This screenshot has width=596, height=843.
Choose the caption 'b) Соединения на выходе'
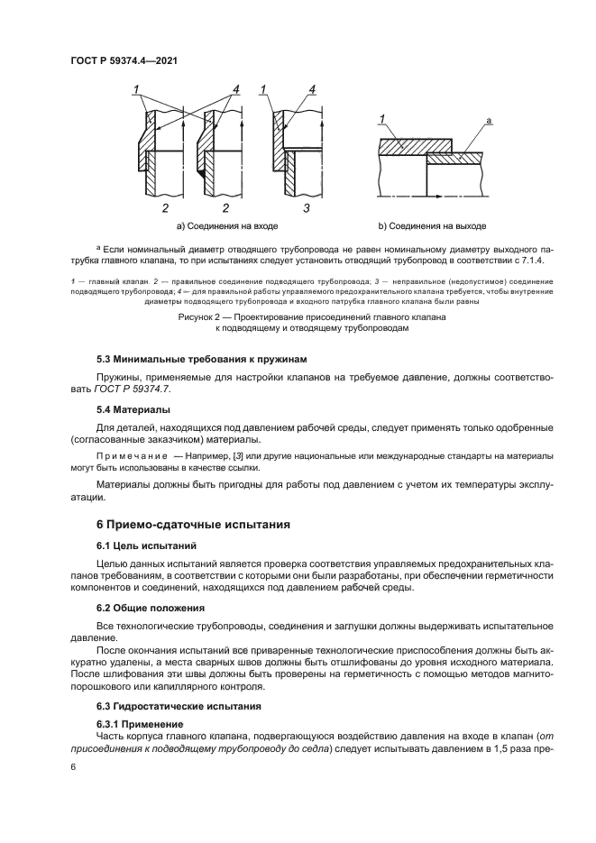coord(433,225)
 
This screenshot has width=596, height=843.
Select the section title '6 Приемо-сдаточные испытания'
coord(180,523)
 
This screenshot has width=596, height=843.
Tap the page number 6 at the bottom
coord(73,766)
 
